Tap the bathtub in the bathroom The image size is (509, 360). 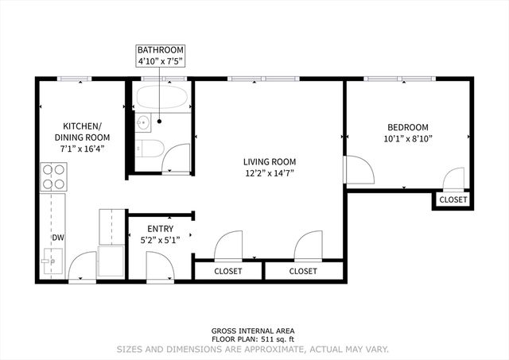pos(162,100)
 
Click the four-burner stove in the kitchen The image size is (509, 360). pos(53,176)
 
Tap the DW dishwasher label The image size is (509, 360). pos(58,238)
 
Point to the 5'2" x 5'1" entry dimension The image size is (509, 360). pos(160,239)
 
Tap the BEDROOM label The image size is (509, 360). pos(408,127)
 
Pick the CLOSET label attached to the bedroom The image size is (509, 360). pos(453,200)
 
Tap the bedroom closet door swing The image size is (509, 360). pos(454,179)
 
